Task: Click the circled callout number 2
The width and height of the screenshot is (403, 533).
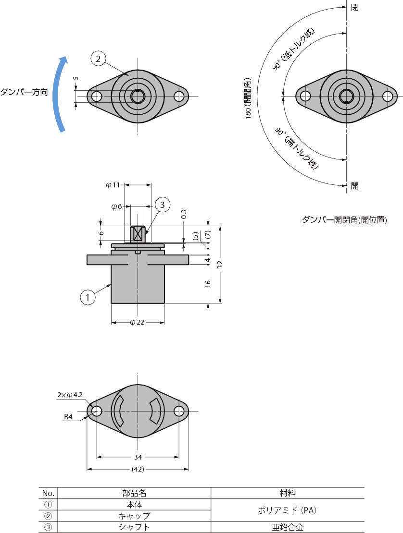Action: point(98,59)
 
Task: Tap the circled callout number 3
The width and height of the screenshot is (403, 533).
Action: point(163,205)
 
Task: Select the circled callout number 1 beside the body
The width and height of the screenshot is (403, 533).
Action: point(88,297)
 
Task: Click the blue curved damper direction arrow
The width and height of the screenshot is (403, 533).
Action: point(60,94)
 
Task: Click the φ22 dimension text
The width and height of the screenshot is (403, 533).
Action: point(137,322)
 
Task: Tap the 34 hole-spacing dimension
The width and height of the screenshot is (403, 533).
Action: point(138,457)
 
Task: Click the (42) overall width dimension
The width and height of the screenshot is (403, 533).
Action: point(138,469)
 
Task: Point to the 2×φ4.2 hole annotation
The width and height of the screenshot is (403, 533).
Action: point(70,395)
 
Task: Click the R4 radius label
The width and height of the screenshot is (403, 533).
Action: point(68,417)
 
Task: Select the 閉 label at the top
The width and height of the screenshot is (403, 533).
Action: point(354,8)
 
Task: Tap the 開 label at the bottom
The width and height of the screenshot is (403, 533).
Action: point(354,186)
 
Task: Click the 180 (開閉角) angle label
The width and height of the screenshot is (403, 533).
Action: point(248,98)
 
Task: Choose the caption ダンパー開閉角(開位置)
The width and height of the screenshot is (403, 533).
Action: point(344,220)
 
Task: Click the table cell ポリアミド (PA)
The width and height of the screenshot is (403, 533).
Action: point(288,510)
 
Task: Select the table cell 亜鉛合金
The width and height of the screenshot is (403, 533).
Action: point(288,527)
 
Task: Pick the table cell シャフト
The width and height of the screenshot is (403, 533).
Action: point(134,527)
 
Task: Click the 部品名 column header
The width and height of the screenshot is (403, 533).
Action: point(134,493)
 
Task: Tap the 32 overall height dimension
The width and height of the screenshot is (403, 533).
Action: point(220,264)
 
